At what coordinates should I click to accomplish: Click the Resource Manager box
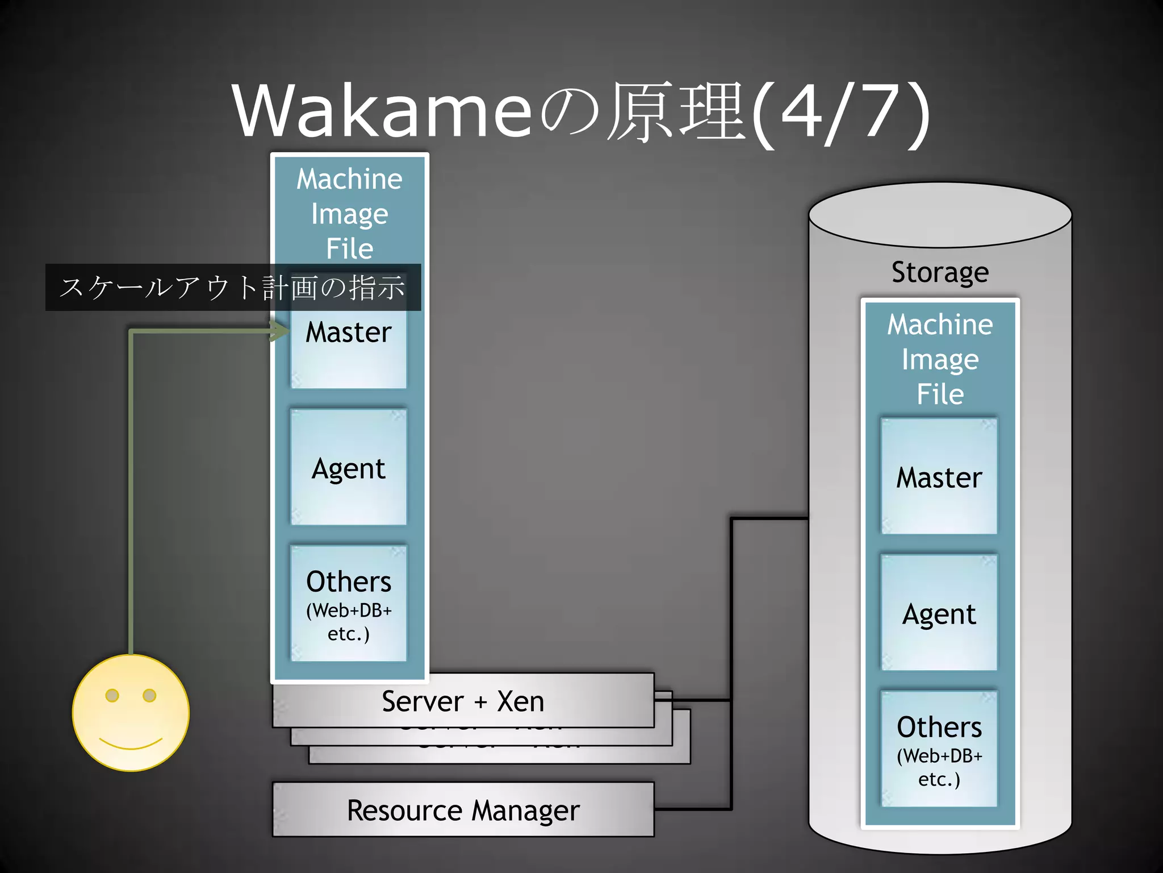pos(463,810)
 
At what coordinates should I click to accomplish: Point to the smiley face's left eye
pos(112,695)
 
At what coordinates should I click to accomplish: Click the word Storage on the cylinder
pos(940,272)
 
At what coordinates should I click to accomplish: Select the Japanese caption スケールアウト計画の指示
pos(233,287)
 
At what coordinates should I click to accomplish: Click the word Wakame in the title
pos(382,111)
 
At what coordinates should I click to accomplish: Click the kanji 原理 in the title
pos(676,111)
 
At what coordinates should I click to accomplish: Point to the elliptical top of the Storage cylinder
pos(940,215)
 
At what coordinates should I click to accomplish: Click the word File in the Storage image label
pos(940,394)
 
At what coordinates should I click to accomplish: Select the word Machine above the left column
pos(349,179)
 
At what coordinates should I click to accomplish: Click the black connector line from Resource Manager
pos(693,809)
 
